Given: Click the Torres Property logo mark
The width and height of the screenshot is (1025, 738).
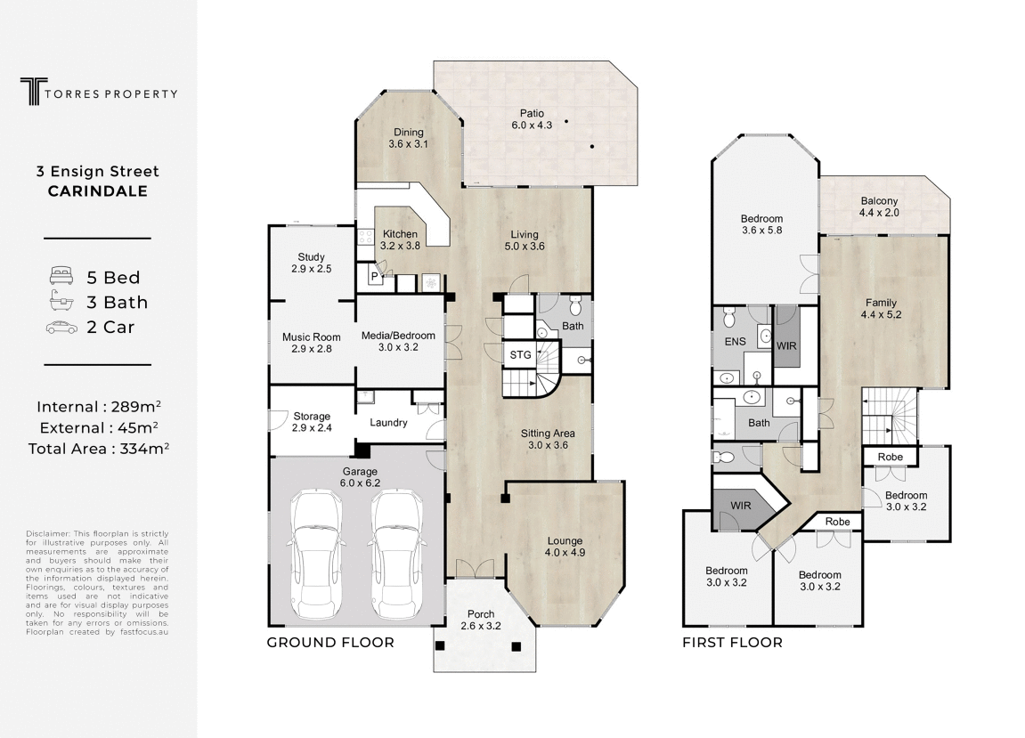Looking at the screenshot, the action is [x=33, y=92].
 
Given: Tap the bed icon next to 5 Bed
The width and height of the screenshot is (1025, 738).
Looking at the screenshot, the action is [x=61, y=276].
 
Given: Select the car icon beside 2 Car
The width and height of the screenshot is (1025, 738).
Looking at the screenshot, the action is [x=61, y=328].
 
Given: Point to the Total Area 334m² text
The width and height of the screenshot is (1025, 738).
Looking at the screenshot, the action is [x=99, y=449].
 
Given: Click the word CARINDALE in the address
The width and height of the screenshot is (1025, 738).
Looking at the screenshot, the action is [x=98, y=191].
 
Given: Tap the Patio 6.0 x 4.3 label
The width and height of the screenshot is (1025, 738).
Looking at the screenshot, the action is [x=532, y=119].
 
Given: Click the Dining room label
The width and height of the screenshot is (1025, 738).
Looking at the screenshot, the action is [x=408, y=138].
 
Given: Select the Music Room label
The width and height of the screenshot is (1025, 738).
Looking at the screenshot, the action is [x=311, y=343].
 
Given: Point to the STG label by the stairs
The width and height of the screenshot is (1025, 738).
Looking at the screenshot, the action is [x=520, y=355].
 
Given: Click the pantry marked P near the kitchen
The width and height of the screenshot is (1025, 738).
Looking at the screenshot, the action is [x=375, y=277].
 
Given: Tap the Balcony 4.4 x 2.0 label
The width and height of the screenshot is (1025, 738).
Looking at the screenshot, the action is [x=879, y=207].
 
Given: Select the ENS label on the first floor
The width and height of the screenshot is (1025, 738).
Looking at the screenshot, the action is [x=735, y=341].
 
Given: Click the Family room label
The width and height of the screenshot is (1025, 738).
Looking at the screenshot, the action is [x=881, y=309].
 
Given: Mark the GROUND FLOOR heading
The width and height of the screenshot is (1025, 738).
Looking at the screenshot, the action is [x=330, y=643].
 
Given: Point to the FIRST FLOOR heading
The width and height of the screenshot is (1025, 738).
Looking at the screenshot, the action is [x=732, y=643].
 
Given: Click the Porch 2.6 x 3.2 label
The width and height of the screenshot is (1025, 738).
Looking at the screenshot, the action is [x=481, y=620].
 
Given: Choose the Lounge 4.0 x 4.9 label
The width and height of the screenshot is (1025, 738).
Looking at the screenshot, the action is [x=565, y=547].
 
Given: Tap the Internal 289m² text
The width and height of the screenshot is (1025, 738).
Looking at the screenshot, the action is [x=99, y=407].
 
